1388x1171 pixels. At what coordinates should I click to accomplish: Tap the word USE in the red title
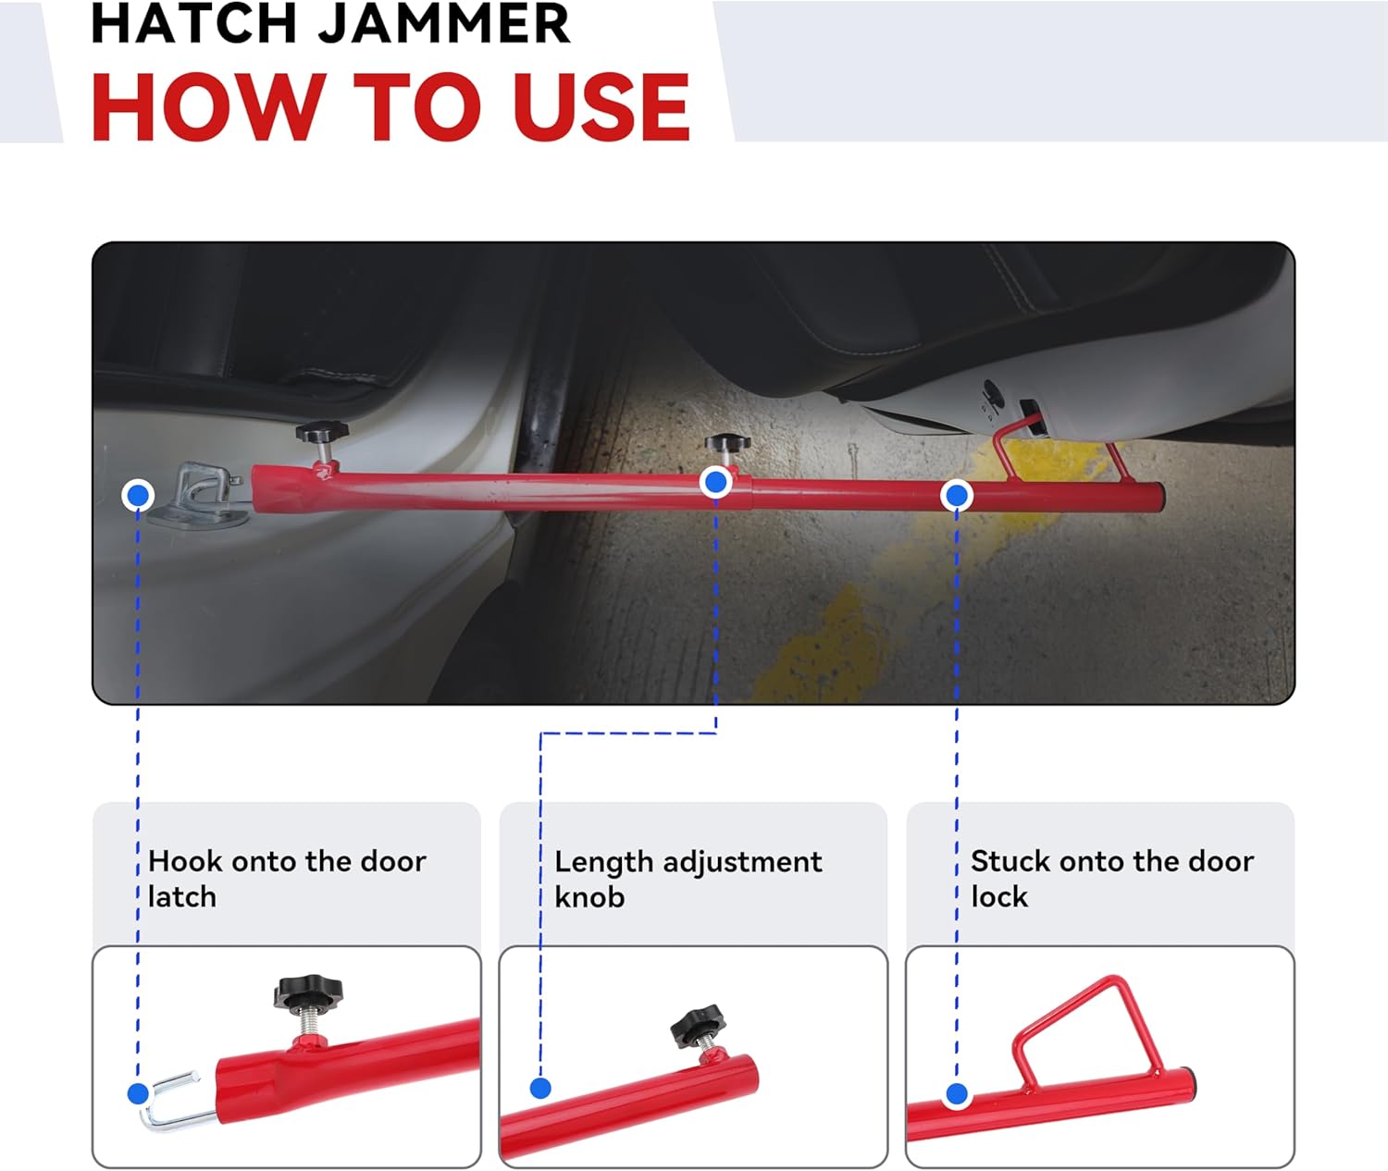point(601,107)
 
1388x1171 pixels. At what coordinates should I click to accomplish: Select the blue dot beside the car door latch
point(138,496)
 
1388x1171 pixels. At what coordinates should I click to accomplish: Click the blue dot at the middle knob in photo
point(715,482)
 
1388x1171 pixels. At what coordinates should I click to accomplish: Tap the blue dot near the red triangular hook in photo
point(957,496)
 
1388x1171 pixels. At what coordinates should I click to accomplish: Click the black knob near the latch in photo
point(321,432)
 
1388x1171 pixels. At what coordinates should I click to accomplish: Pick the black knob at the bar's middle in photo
point(726,443)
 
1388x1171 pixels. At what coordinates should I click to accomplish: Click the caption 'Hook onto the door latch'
point(287,879)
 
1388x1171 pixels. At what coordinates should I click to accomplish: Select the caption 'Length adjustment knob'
point(688,879)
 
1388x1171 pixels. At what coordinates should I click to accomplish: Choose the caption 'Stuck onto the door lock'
point(1111,879)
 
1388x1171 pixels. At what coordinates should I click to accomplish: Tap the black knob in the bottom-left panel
point(307,994)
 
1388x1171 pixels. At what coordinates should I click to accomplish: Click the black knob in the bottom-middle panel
point(698,1025)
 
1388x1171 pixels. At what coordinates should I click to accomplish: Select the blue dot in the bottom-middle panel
point(541,1089)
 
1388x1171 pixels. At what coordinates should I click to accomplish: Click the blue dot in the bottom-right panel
point(957,1095)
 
